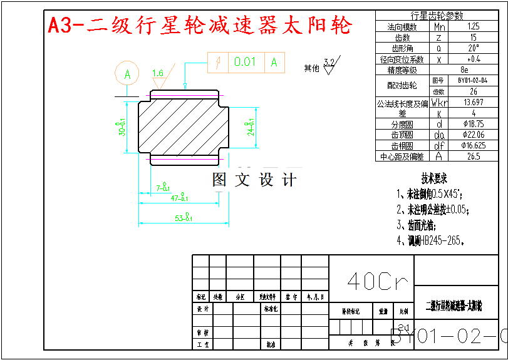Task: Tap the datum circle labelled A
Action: point(128,74)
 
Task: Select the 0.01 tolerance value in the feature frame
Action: point(246,62)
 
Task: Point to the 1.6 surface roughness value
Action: point(157,73)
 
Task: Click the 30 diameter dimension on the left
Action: point(122,127)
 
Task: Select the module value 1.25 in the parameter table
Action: point(473,27)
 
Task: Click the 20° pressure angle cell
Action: point(473,48)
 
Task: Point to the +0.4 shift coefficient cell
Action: point(473,59)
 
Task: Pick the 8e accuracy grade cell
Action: point(464,69)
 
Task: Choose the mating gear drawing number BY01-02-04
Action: point(472,81)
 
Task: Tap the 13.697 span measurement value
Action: point(473,102)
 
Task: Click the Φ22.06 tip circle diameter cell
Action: point(473,135)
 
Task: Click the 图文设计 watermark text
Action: point(254,180)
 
